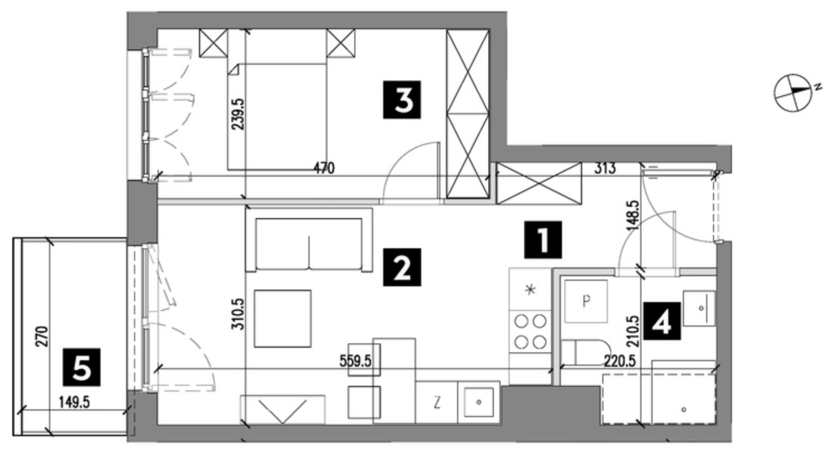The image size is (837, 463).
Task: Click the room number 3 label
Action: pos(402,100)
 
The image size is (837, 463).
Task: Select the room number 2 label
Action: pos(402,267)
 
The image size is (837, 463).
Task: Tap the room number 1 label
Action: pos(543,240)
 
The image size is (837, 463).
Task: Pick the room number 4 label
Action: pos(662,322)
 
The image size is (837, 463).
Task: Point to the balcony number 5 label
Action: pos(82,367)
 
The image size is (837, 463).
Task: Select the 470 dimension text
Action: pos(324,168)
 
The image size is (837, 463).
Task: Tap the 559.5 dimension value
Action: pos(355,361)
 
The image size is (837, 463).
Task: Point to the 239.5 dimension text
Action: pos(237,114)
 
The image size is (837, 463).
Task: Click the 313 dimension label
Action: pos(605,168)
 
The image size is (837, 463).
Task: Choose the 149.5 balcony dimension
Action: pos(74,403)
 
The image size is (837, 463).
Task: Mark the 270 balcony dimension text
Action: pos(42,337)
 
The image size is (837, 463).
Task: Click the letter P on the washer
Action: pos(586,301)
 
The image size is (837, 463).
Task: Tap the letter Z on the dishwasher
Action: pos(436,403)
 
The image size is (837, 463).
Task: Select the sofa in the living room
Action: pos(308,240)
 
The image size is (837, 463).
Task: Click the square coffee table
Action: pos(283,319)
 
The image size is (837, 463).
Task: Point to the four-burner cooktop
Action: pos(530,332)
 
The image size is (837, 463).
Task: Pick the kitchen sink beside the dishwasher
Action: pos(479,402)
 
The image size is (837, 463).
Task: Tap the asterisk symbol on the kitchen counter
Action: pos(530,290)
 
